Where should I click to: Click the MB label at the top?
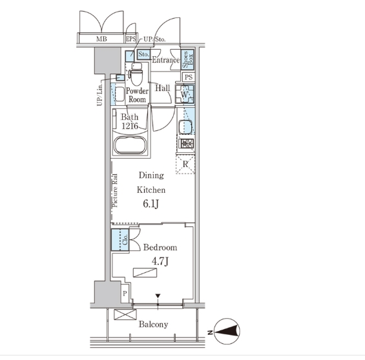101,39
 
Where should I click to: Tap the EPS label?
131,39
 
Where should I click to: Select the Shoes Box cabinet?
187,60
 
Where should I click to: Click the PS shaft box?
189,77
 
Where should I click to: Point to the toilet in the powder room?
136,74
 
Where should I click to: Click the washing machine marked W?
185,94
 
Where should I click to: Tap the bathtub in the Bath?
130,145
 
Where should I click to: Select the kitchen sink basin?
185,127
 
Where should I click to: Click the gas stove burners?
186,144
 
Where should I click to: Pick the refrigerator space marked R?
185,165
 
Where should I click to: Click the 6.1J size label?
151,204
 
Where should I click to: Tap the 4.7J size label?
160,262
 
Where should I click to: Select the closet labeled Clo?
120,240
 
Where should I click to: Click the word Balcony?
153,325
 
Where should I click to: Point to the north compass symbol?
227,332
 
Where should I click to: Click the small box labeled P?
125,294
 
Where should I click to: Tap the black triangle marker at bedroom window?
158,296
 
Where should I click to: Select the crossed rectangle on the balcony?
125,314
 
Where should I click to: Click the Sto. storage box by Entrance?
143,55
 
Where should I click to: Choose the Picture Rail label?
115,190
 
